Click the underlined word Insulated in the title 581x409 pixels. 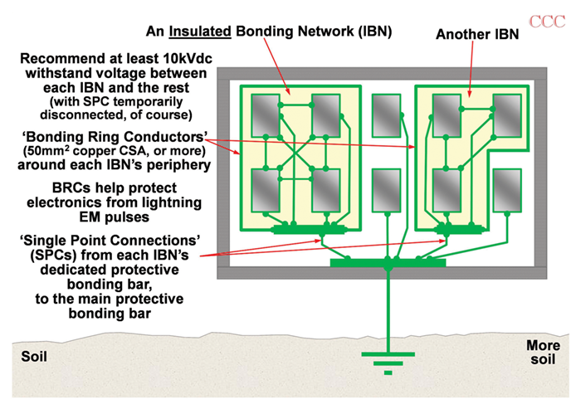pos(198,32)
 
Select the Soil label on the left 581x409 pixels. pos(35,358)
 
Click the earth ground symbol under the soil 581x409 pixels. pos(388,363)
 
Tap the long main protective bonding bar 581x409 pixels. pos(388,263)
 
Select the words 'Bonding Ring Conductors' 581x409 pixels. pos(109,134)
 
